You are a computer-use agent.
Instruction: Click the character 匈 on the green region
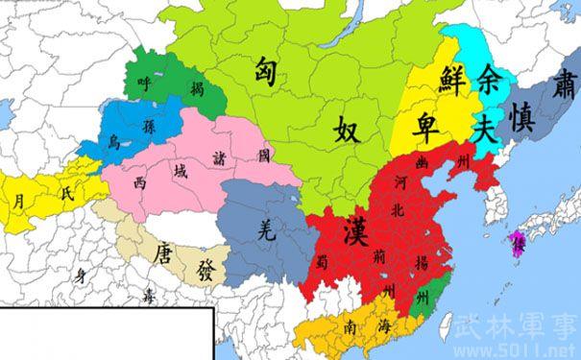pyautogui.click(x=268, y=71)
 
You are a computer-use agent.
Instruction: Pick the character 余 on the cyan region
pyautogui.click(x=491, y=82)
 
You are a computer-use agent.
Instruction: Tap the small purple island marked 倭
pyautogui.click(x=520, y=242)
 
